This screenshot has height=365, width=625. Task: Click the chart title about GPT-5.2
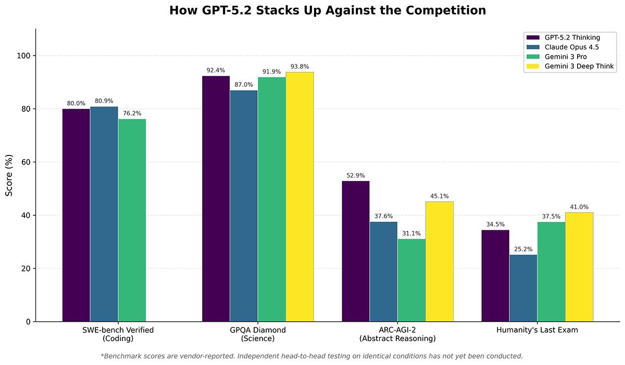coord(327,10)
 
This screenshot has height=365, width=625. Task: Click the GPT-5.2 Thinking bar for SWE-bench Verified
coord(76,215)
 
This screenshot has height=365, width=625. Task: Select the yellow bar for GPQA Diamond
coord(299,197)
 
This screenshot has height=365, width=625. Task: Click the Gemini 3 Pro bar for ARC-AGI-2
coord(411,280)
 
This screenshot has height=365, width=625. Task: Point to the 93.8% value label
coord(299,67)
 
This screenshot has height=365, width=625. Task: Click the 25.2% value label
coord(523,249)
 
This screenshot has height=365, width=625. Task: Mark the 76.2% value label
coord(132,113)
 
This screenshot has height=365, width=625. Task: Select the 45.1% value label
coord(439,196)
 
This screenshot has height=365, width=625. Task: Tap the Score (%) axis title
coord(9,175)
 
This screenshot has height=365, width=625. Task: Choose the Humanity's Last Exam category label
coord(537,330)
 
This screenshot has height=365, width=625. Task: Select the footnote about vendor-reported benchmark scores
coord(311,356)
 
